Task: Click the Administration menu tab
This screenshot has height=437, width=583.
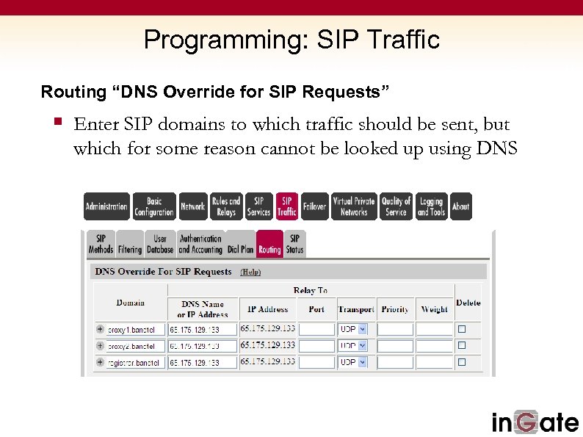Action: tap(106, 206)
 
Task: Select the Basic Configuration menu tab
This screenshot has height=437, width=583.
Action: tap(154, 206)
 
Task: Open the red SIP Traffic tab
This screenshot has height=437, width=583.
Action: tap(287, 206)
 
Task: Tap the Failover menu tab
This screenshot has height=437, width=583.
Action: tap(314, 206)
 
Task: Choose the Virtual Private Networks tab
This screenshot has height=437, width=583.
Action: tap(353, 206)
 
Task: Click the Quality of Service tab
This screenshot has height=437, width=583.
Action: tap(396, 206)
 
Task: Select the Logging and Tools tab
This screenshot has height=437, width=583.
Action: tap(431, 206)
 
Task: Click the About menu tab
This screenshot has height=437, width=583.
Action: tap(460, 206)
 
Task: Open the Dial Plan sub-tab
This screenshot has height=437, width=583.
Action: tap(240, 244)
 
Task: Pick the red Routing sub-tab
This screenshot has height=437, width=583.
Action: tap(269, 244)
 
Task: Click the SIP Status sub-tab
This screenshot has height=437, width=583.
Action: tap(294, 244)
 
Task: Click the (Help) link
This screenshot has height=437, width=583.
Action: tap(251, 272)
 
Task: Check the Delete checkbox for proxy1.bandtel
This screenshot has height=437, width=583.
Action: tap(462, 329)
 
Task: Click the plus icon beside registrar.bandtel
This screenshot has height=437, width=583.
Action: tap(100, 362)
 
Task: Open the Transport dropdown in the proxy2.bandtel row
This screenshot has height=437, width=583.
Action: tap(352, 346)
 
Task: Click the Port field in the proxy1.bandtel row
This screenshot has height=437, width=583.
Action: tap(316, 330)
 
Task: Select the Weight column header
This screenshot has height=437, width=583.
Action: tap(434, 309)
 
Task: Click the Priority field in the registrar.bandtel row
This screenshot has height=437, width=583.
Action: tap(395, 362)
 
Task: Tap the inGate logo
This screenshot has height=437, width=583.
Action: tap(535, 421)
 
